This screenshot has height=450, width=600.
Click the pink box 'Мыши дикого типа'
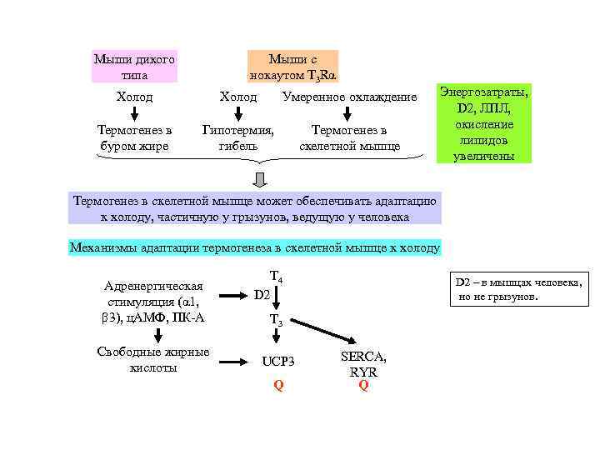point(134,67)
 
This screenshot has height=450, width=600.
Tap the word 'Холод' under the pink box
point(134,97)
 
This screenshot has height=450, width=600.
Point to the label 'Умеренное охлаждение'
point(349,97)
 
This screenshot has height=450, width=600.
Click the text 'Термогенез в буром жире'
point(134,138)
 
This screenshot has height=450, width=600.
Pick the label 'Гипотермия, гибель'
point(238,138)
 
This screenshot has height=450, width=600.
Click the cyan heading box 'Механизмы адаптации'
point(255,247)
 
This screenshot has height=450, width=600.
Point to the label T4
point(277,277)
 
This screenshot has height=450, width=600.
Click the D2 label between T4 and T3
point(262,296)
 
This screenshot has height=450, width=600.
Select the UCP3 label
point(278,362)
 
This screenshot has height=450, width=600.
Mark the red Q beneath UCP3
point(278,385)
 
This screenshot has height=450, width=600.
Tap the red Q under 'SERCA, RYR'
point(363,385)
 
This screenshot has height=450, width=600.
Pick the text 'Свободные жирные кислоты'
point(153,360)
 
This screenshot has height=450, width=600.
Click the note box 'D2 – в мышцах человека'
point(517,289)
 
